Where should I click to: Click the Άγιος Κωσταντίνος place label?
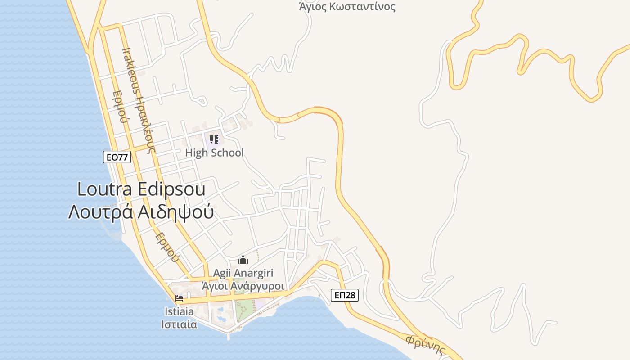pos(347,7)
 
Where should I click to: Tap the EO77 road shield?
pos(117,157)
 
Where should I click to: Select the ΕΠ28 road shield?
pos(345,295)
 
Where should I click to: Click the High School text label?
pos(214,153)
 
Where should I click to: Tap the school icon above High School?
pos(214,139)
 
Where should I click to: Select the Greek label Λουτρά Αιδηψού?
pos(140,211)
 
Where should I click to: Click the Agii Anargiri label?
pos(243,273)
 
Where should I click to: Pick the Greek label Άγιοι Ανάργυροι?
pos(243,286)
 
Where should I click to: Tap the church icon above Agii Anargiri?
pos(243,260)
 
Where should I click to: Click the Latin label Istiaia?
pos(179,311)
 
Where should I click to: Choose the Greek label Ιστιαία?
pos(179,324)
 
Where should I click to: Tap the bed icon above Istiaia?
pos(179,298)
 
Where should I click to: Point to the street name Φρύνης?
pos(425,345)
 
